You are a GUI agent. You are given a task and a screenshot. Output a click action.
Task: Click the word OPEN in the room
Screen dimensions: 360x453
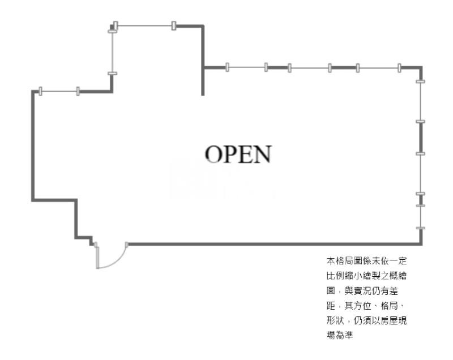click(x=238, y=154)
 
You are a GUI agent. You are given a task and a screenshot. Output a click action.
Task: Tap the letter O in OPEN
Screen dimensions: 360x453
click(x=213, y=154)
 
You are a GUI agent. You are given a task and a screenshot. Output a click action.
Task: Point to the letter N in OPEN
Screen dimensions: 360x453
click(x=262, y=154)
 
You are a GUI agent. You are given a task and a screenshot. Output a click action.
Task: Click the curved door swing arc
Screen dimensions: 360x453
click(x=117, y=261)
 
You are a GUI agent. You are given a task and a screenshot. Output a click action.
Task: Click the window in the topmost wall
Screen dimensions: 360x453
click(x=144, y=25)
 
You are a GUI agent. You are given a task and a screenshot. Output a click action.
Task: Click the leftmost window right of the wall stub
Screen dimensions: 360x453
click(x=246, y=67)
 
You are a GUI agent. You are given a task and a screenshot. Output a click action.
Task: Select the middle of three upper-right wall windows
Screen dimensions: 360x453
click(x=309, y=68)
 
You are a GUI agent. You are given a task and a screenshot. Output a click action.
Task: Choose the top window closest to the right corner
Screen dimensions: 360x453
click(x=378, y=68)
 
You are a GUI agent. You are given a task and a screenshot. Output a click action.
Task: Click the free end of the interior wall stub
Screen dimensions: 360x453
click(x=203, y=94)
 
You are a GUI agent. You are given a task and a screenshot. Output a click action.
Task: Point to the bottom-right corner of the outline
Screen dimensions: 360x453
click(x=420, y=244)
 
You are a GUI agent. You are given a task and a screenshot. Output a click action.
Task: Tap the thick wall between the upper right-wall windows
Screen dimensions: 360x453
click(x=420, y=137)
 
